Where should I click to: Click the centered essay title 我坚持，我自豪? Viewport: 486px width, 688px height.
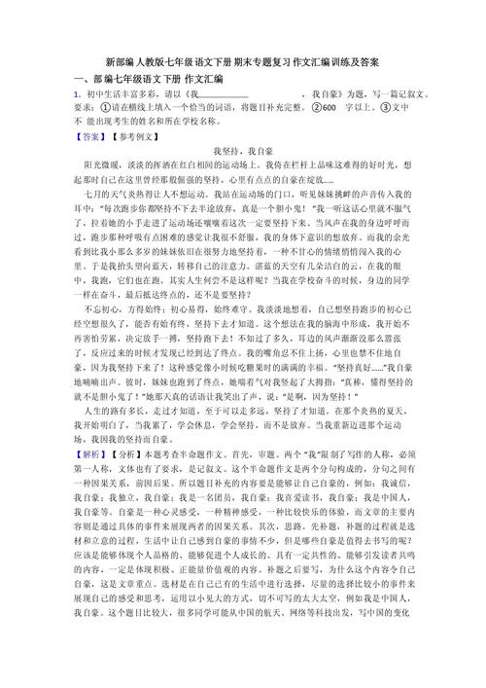point(242,153)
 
